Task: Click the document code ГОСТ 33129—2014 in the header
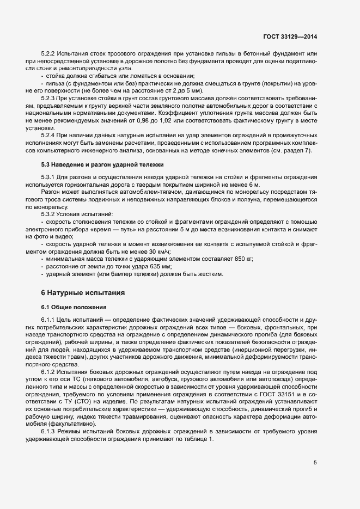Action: [x=289, y=36]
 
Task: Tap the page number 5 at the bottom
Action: [x=315, y=463]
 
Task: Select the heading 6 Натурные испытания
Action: [x=84, y=292]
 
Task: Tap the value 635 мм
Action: [x=161, y=267]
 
